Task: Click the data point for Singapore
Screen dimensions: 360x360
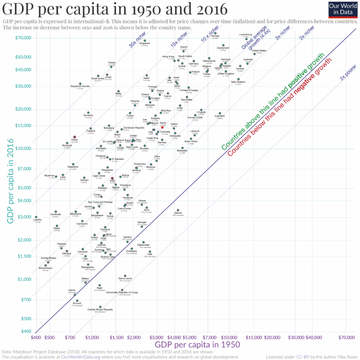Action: [145, 40]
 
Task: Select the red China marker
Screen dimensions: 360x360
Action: [75, 137]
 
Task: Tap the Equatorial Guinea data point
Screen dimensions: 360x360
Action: [80, 84]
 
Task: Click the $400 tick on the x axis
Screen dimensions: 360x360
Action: [36, 337]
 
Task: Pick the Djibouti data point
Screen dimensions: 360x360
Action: [178, 210]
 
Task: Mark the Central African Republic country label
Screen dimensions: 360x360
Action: [100, 309]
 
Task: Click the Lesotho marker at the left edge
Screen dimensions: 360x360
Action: [36, 217]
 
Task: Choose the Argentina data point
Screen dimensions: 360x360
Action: [220, 114]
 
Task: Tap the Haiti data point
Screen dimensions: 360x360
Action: [150, 252]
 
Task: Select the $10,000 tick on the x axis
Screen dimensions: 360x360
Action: [229, 337]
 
